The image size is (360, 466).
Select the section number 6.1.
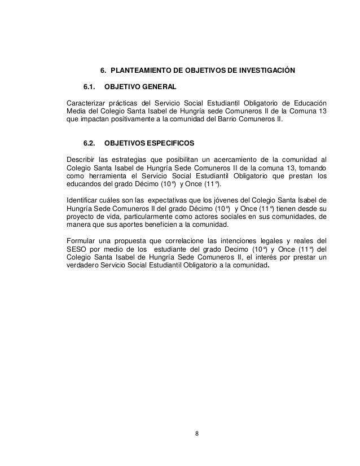[91, 87]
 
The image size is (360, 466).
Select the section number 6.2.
[91, 144]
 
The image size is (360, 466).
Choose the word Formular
[82, 239]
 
